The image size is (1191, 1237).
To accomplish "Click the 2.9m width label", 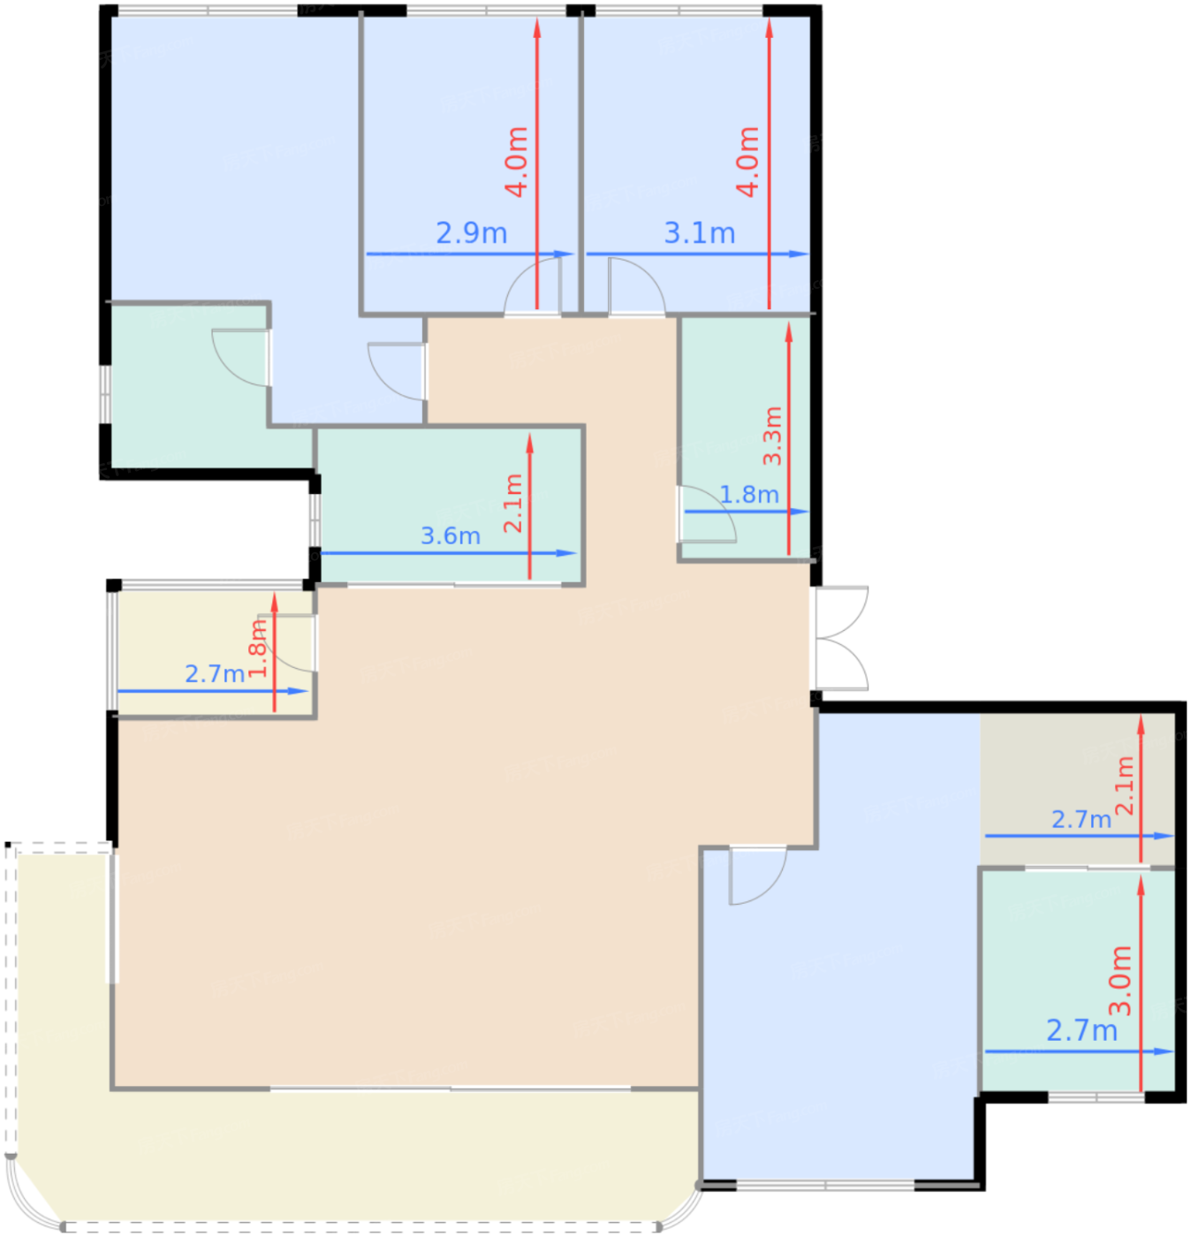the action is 471,233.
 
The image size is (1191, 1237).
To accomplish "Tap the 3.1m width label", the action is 699,233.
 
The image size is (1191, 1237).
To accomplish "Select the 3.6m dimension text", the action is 450,535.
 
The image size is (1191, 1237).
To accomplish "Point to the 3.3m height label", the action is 772,436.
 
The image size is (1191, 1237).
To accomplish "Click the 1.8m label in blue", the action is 749,495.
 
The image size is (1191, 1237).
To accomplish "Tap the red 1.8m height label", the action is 257,648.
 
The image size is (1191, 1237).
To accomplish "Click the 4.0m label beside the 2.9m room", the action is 516,162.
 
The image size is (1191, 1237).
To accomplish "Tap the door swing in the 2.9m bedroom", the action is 533,286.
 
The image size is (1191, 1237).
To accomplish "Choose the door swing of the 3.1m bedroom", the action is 637,286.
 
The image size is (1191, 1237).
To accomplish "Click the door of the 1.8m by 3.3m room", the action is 707,514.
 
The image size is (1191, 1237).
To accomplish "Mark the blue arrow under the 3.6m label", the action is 449,553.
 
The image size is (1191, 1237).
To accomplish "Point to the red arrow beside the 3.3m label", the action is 789,438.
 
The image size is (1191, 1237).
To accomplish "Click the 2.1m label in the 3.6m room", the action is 512,503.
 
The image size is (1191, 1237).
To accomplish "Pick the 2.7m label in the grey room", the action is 1081,819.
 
